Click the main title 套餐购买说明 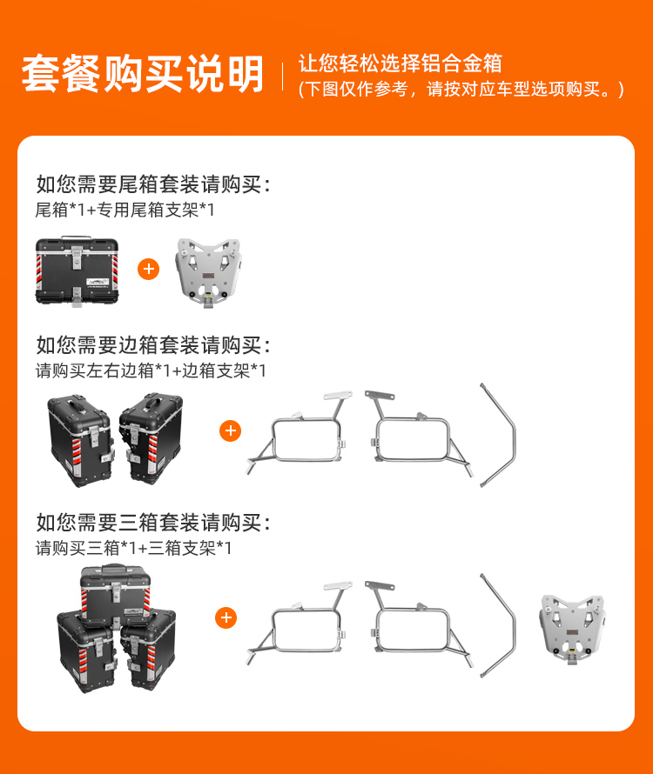coord(143,74)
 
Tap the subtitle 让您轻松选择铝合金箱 coord(400,63)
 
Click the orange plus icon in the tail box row coord(148,269)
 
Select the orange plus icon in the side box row coord(231,431)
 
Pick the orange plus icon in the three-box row coord(226,617)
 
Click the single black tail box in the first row coord(77,271)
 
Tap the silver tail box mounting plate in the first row coord(208,273)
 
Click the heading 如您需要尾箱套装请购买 coord(153,184)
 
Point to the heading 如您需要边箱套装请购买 coord(153,344)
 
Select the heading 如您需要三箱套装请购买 coord(153,522)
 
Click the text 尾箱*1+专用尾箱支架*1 coord(125,210)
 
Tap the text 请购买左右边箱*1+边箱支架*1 coord(151,370)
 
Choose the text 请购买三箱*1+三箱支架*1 coord(133,547)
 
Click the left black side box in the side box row coord(80,439)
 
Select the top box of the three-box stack coord(116,595)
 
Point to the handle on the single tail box coord(77,237)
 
